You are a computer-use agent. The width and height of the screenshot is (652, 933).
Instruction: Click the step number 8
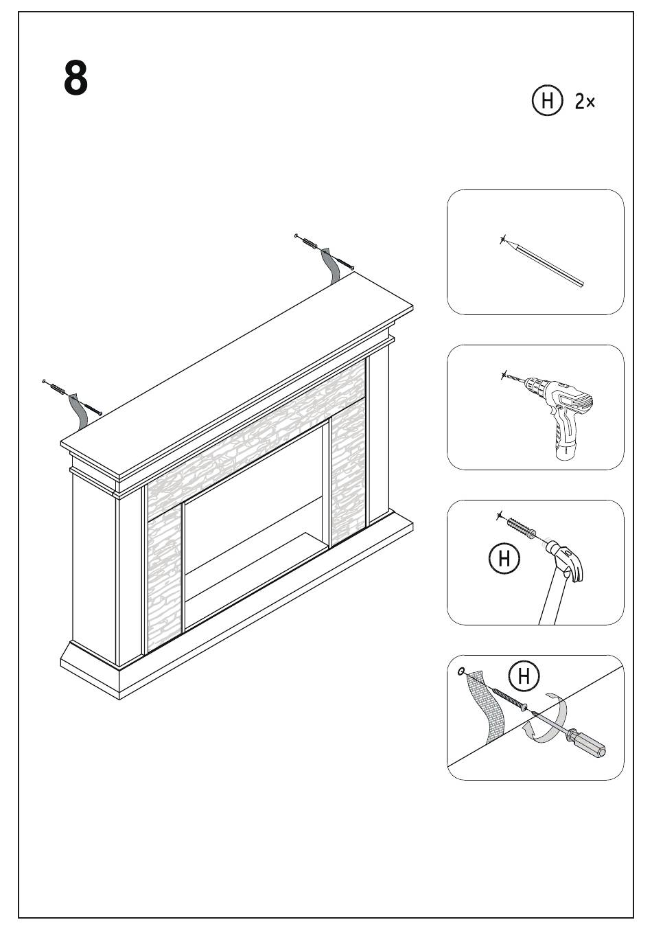tap(76, 78)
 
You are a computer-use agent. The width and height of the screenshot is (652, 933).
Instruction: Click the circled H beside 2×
tap(547, 101)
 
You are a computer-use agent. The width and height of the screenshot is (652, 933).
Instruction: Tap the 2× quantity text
tap(585, 102)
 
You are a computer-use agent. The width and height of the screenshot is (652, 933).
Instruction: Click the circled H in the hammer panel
tap(504, 558)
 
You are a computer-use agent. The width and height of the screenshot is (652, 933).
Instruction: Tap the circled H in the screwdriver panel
tap(524, 676)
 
